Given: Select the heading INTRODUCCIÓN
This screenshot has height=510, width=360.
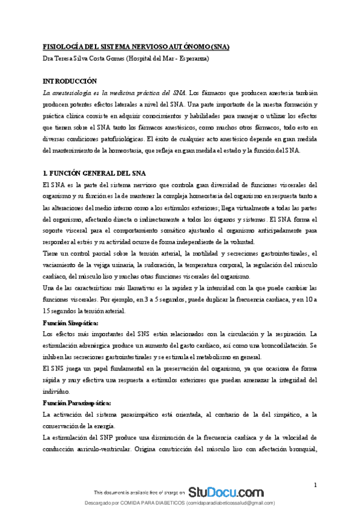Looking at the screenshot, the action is pyautogui.click(x=70, y=81).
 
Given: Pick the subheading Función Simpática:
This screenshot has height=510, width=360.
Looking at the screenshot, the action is pyautogui.click(x=67, y=323).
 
